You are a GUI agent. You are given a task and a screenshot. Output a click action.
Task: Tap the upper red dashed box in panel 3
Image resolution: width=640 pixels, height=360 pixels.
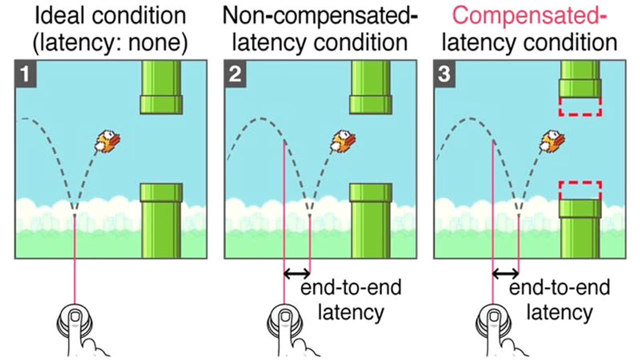point(580,106)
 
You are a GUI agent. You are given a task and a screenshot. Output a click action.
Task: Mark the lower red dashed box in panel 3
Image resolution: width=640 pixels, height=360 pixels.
point(580,190)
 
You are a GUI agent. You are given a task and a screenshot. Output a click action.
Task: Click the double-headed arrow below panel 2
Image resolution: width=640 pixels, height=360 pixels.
point(296,273)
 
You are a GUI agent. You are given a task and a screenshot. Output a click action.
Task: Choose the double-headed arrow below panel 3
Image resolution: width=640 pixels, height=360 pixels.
point(505,273)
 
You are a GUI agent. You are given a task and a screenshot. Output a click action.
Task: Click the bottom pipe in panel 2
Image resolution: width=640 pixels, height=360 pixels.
point(370,220)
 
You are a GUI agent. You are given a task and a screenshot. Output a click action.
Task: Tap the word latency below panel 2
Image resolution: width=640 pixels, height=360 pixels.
point(351,312)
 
